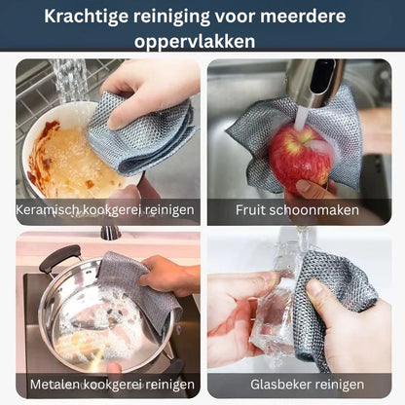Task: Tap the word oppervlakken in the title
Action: [x=195, y=42]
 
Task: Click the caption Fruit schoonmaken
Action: [x=297, y=210]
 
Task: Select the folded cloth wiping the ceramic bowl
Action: [x=143, y=133]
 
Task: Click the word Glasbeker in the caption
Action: [x=280, y=385]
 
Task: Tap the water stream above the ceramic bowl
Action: [x=70, y=81]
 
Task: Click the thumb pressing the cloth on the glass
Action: [x=319, y=294]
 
